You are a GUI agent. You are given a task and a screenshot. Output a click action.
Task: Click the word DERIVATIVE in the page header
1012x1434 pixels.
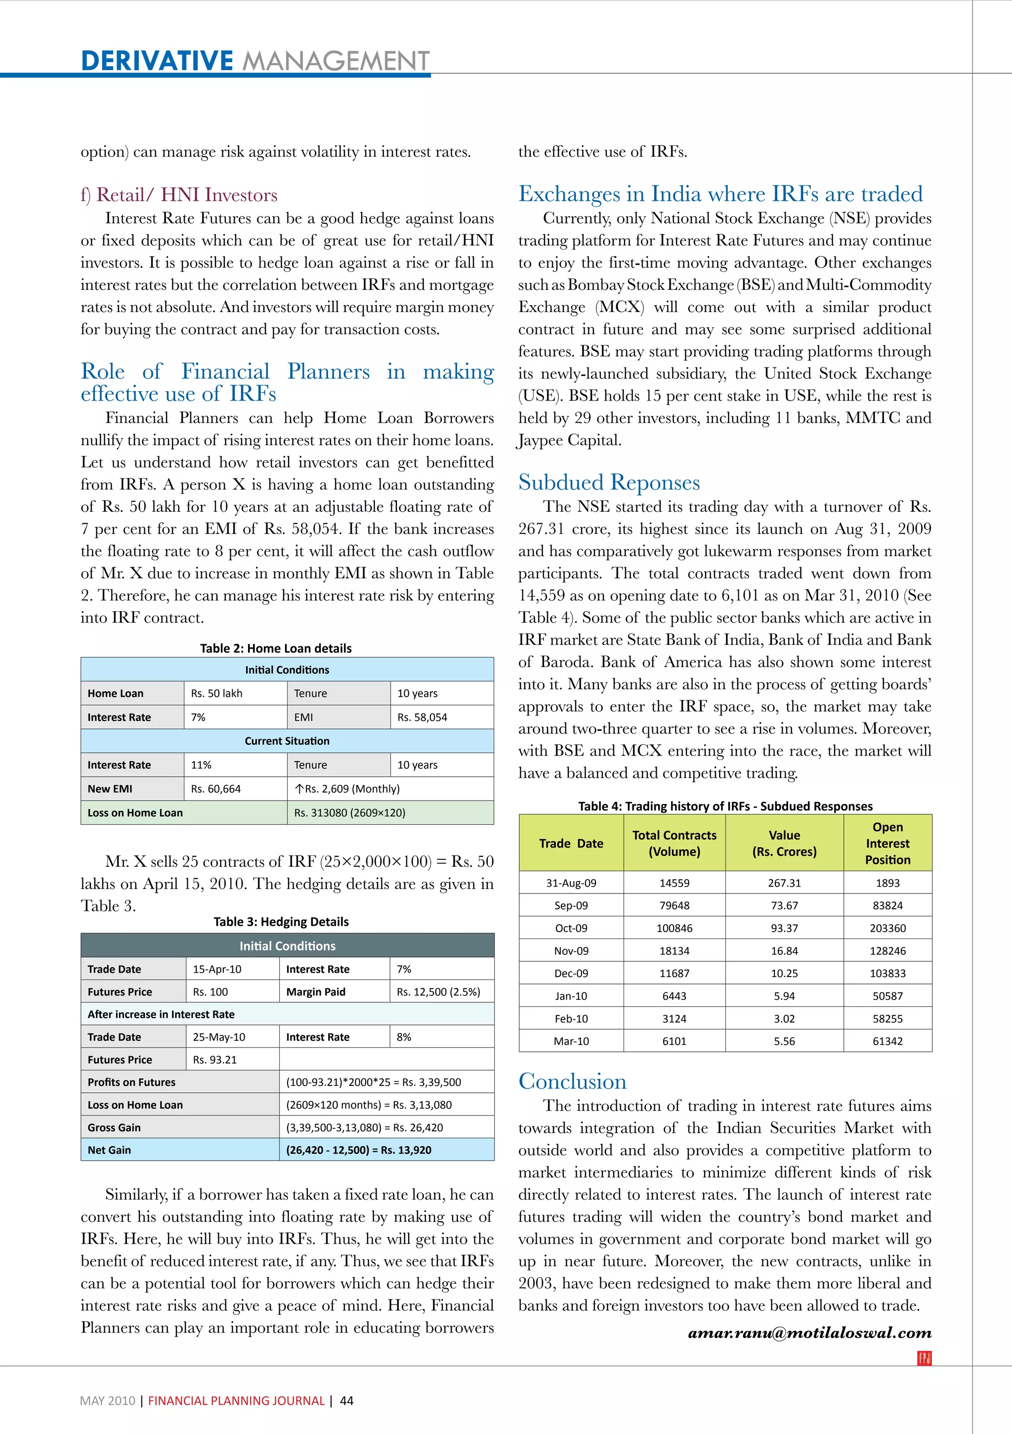point(157,61)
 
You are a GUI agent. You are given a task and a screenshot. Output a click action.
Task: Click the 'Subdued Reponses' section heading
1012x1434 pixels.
point(609,482)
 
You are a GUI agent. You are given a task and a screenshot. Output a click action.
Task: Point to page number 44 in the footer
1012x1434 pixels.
point(346,1400)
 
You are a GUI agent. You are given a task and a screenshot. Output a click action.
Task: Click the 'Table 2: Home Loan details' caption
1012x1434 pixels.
point(275,648)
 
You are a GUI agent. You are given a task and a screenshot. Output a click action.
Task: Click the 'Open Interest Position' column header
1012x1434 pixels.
point(887,843)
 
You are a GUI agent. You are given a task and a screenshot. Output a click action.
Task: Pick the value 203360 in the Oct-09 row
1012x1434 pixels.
point(887,928)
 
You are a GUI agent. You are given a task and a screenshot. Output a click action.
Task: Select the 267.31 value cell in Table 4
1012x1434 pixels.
point(784,883)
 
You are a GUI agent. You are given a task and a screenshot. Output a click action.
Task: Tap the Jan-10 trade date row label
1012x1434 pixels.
point(571,996)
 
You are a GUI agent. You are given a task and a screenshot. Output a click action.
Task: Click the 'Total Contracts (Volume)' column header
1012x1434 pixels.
point(674,843)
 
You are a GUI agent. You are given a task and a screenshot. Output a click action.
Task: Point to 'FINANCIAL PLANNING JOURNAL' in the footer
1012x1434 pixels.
point(236,1400)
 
